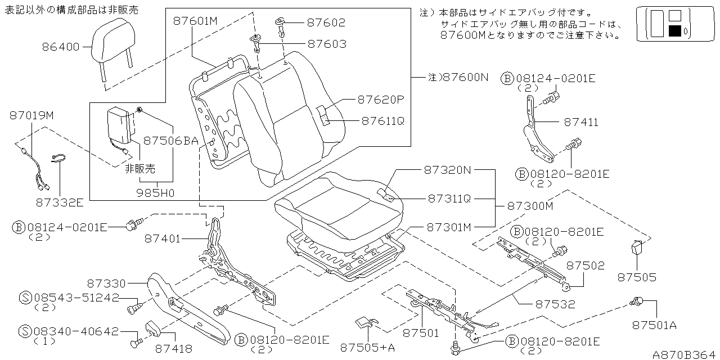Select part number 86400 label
tap(61, 47)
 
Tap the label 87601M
tap(195, 21)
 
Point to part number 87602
tap(326, 23)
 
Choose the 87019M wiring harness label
tap(31, 115)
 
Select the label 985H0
tap(156, 192)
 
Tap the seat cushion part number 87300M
tap(530, 206)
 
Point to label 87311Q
tap(449, 198)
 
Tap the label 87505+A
tap(367, 348)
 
